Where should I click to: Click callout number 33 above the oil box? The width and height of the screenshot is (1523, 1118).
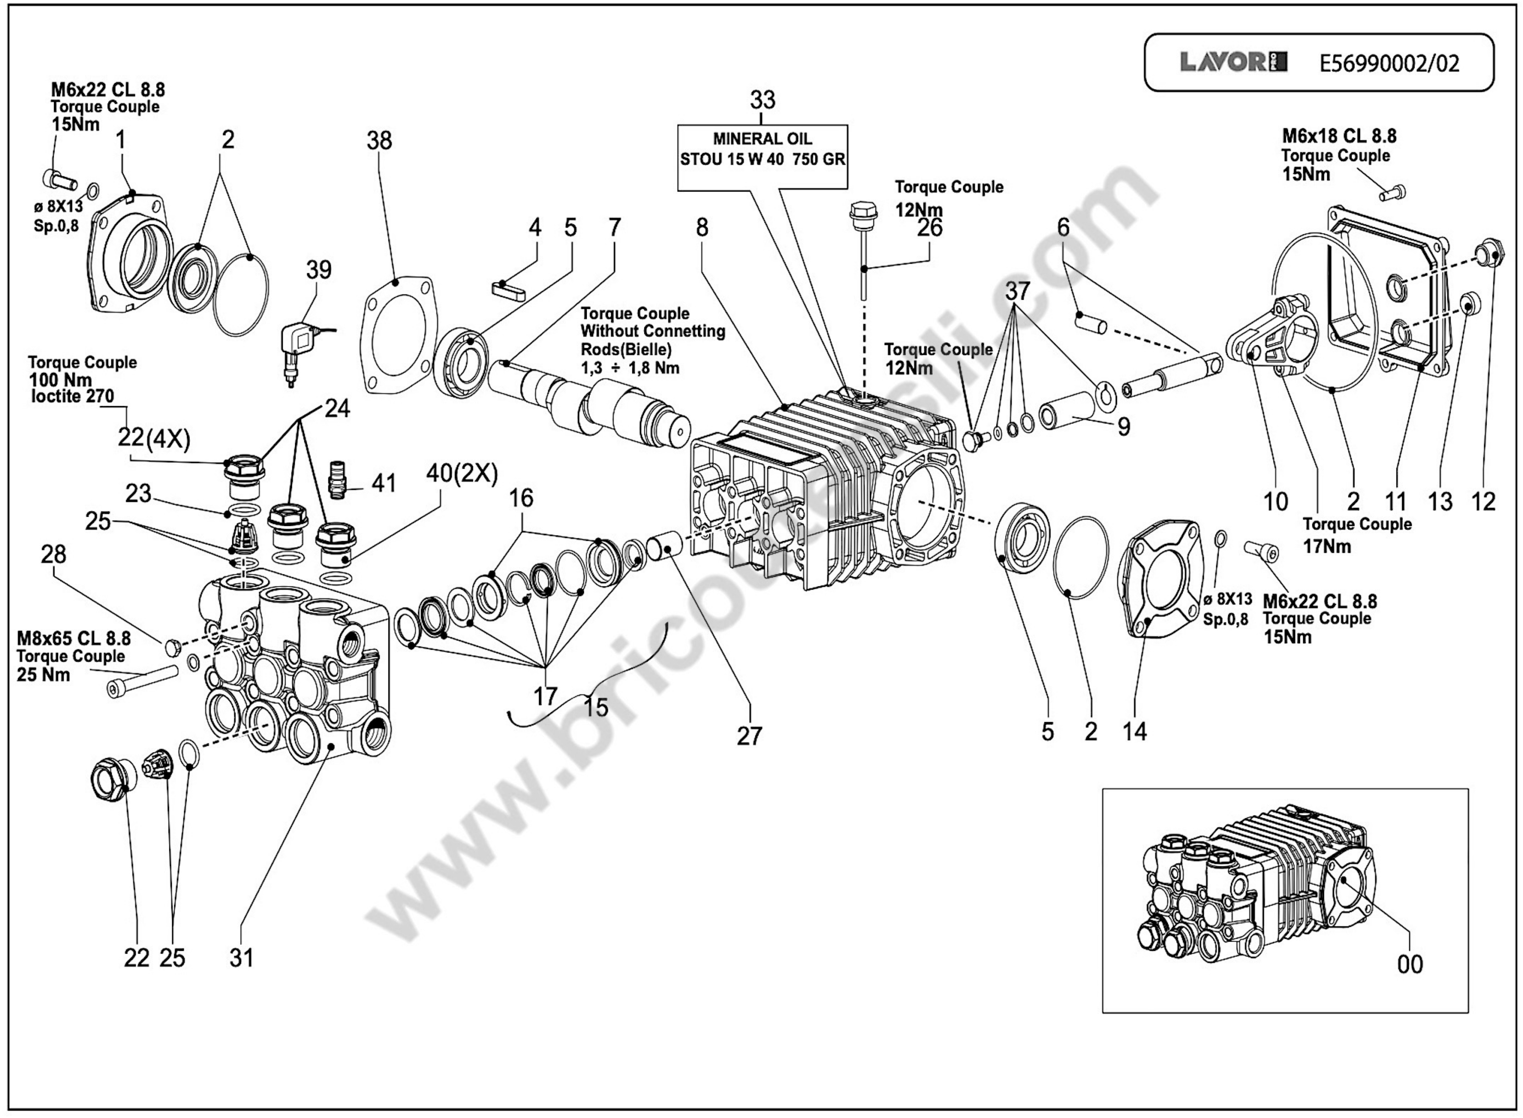(x=762, y=100)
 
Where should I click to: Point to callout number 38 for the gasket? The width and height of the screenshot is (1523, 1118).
(x=379, y=141)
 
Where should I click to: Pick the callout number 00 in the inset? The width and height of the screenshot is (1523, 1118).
(x=1410, y=964)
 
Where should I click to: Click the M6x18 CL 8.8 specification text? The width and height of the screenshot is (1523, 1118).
(x=1338, y=137)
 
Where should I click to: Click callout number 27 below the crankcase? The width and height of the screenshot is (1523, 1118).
(x=749, y=736)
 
